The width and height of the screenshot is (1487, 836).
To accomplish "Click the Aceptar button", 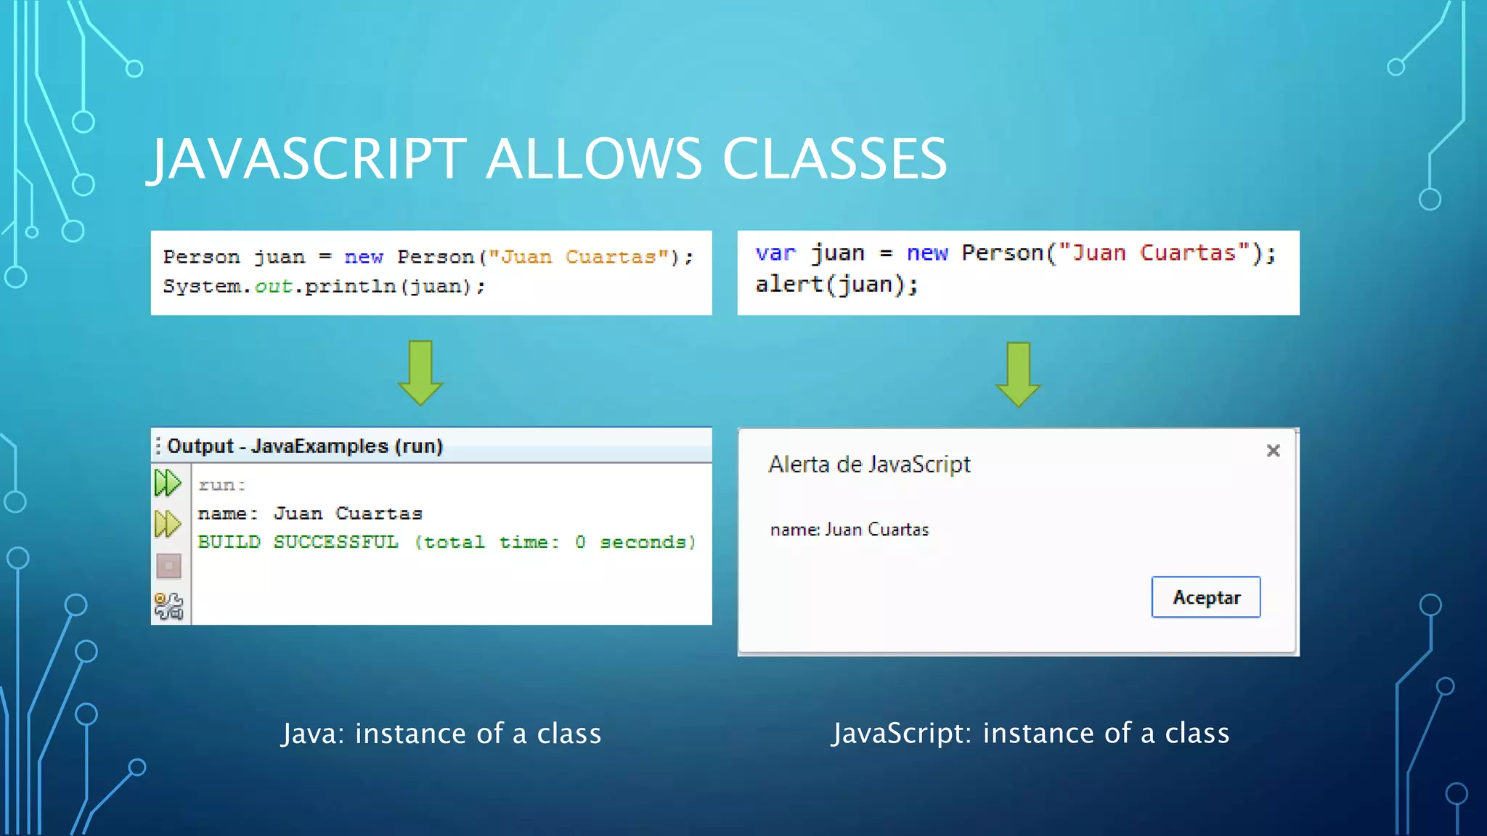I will [1205, 597].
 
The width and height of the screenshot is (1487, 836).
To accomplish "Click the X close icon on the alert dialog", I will [1273, 451].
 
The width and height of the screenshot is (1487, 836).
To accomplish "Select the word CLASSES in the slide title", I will [834, 159].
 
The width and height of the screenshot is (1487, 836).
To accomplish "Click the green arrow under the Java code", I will [420, 372].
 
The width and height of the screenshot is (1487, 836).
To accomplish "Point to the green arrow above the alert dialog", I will [1018, 374].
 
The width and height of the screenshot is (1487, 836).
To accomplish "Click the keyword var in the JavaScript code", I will [775, 253].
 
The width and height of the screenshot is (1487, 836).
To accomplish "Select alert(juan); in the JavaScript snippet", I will [836, 284].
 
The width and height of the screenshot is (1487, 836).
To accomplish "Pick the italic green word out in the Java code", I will [273, 287].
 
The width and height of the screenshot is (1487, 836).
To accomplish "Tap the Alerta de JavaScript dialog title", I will [869, 464].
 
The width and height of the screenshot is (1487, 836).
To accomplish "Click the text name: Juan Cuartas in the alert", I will [849, 530].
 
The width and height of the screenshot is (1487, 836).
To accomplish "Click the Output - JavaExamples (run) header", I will [305, 446].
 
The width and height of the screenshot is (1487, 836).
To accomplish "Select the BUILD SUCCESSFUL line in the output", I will [447, 542].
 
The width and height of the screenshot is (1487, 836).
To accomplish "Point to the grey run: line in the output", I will [221, 485].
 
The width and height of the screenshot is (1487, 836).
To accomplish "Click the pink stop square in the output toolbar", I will [168, 565].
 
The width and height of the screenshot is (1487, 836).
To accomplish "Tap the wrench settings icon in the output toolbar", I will [168, 606].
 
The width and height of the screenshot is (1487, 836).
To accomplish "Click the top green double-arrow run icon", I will [168, 483].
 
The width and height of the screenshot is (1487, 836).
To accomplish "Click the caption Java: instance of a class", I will [441, 734].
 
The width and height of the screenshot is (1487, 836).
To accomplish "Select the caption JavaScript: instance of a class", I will [1030, 733].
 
